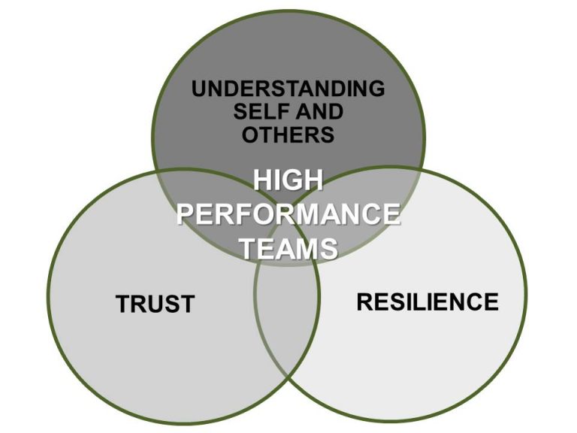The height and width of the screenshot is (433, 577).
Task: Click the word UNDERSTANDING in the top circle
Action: [288, 89]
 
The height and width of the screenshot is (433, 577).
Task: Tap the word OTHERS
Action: [288, 135]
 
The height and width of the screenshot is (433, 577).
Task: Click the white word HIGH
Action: [288, 181]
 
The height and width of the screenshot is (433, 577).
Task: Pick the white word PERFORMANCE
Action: [288, 214]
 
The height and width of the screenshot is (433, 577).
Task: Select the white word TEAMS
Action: [288, 247]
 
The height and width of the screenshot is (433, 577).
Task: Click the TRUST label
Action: [155, 304]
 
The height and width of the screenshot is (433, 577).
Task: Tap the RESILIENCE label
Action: [426, 301]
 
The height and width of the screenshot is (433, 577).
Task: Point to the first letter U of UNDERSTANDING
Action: [199, 89]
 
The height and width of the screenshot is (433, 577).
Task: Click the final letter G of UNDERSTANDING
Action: [376, 89]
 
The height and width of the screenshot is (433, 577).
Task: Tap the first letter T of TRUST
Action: [122, 304]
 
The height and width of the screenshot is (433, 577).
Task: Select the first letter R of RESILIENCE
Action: [364, 301]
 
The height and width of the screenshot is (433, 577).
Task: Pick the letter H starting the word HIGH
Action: [261, 181]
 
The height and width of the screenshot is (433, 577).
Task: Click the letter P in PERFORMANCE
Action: [185, 214]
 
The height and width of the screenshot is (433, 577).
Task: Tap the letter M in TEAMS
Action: [307, 247]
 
